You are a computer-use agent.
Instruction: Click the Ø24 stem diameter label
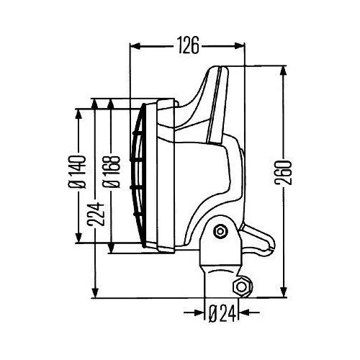pos(222,313)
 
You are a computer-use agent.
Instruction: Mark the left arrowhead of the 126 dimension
pos(134,47)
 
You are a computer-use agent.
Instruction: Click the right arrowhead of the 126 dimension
pos(241,47)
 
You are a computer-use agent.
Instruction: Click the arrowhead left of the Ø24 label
pos(199,313)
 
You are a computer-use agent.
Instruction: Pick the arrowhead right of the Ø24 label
pos(247,313)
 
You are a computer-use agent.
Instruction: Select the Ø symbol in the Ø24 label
pos(214,313)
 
